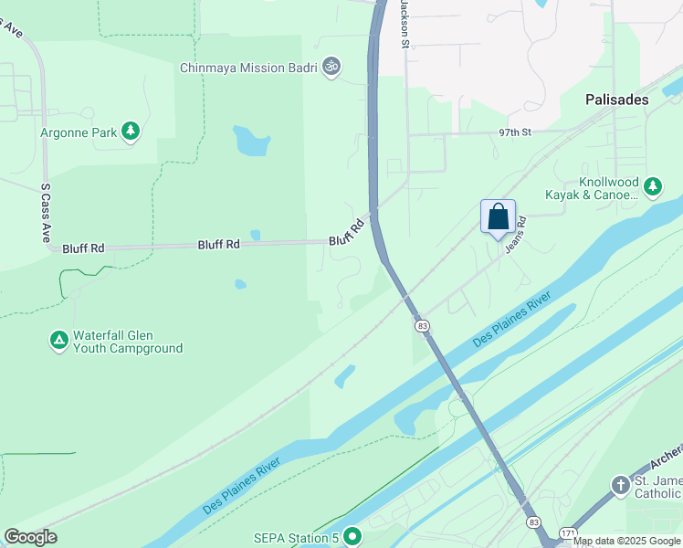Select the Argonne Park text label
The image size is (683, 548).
tap(79, 132)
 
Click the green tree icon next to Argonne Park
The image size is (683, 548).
tap(131, 132)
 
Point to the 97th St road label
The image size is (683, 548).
tap(515, 132)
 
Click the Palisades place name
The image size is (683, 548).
tap(616, 100)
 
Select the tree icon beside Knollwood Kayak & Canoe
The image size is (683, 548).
tap(652, 187)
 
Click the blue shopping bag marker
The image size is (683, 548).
tap(498, 218)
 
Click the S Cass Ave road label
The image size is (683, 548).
tap(45, 212)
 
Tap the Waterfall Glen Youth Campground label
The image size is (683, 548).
tap(128, 342)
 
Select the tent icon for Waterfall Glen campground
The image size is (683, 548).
tap(59, 341)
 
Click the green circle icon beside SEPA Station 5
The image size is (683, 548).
tap(351, 536)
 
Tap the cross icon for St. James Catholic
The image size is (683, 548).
tap(620, 485)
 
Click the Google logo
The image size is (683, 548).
tap(30, 537)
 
